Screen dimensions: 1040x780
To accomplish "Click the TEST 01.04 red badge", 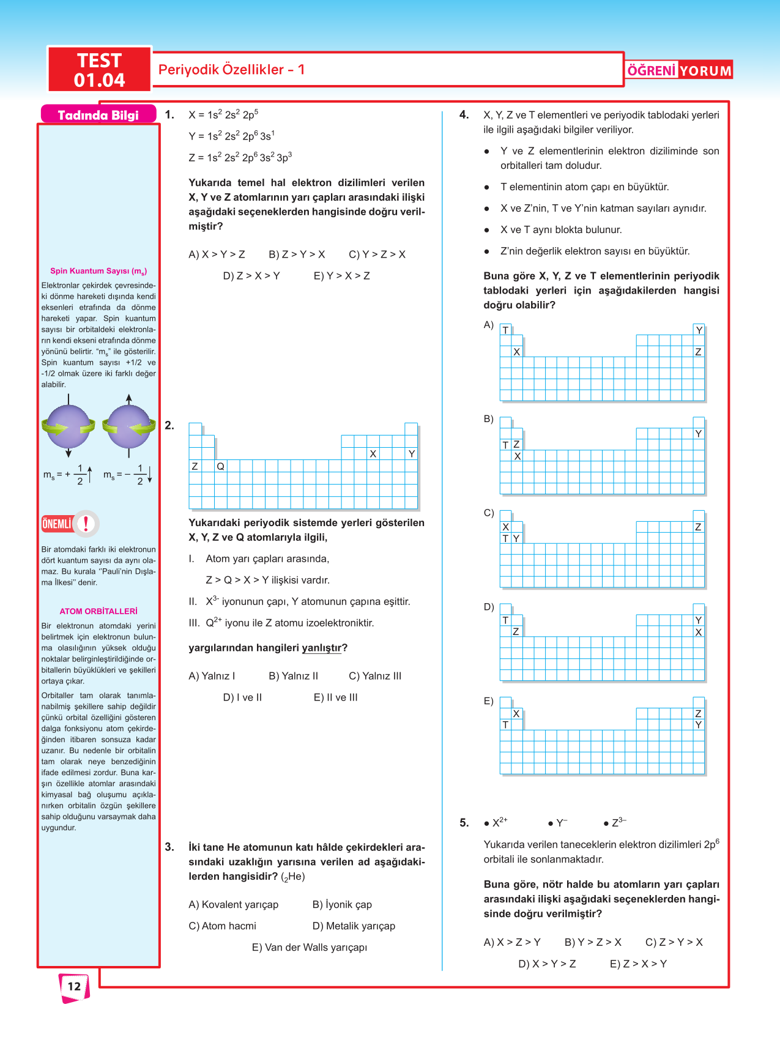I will pyautogui.click(x=99, y=70).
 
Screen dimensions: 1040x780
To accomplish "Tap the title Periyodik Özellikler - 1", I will pyautogui.click(x=231, y=70).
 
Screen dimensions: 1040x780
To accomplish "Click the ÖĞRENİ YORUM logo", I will pyautogui.click(x=679, y=70).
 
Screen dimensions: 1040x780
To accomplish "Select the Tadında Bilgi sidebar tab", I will pyautogui.click(x=98, y=115).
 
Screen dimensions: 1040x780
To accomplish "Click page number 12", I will pyautogui.click(x=74, y=986).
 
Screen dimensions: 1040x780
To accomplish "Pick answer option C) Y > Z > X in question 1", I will pyautogui.click(x=377, y=254).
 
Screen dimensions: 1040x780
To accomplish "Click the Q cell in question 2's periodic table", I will pyautogui.click(x=221, y=466).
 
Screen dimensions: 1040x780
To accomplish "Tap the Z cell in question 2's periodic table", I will pyautogui.click(x=195, y=466).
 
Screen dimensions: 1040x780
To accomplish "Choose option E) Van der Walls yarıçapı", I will pyautogui.click(x=310, y=947).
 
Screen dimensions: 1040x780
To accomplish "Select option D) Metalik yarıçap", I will pyautogui.click(x=354, y=926).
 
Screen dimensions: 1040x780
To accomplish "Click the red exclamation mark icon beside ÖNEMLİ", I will pyautogui.click(x=86, y=524).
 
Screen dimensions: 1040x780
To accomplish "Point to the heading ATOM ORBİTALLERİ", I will pyautogui.click(x=98, y=611).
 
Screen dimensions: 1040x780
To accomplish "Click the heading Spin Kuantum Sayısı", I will pyautogui.click(x=98, y=271).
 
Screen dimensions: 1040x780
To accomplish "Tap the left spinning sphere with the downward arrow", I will pyautogui.click(x=69, y=426).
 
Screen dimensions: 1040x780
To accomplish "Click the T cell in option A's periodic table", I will pyautogui.click(x=506, y=330).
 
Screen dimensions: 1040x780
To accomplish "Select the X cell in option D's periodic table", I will pyautogui.click(x=699, y=632).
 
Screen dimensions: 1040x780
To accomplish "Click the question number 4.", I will pyautogui.click(x=464, y=115).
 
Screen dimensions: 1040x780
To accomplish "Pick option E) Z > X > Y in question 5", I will pyautogui.click(x=638, y=964).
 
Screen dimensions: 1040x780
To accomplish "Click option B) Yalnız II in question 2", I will pyautogui.click(x=294, y=676).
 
